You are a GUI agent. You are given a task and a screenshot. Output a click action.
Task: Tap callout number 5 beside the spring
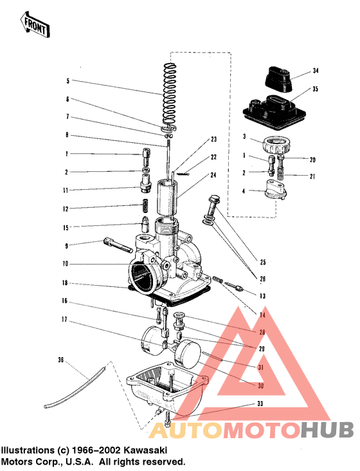[x=67, y=81]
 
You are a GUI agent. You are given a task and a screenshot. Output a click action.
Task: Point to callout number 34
[x=315, y=70]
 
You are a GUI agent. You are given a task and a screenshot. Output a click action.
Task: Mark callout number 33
[x=260, y=404]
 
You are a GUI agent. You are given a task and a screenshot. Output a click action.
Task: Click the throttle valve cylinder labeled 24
[x=165, y=199]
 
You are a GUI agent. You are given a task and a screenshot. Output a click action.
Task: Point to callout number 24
[x=213, y=175]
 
